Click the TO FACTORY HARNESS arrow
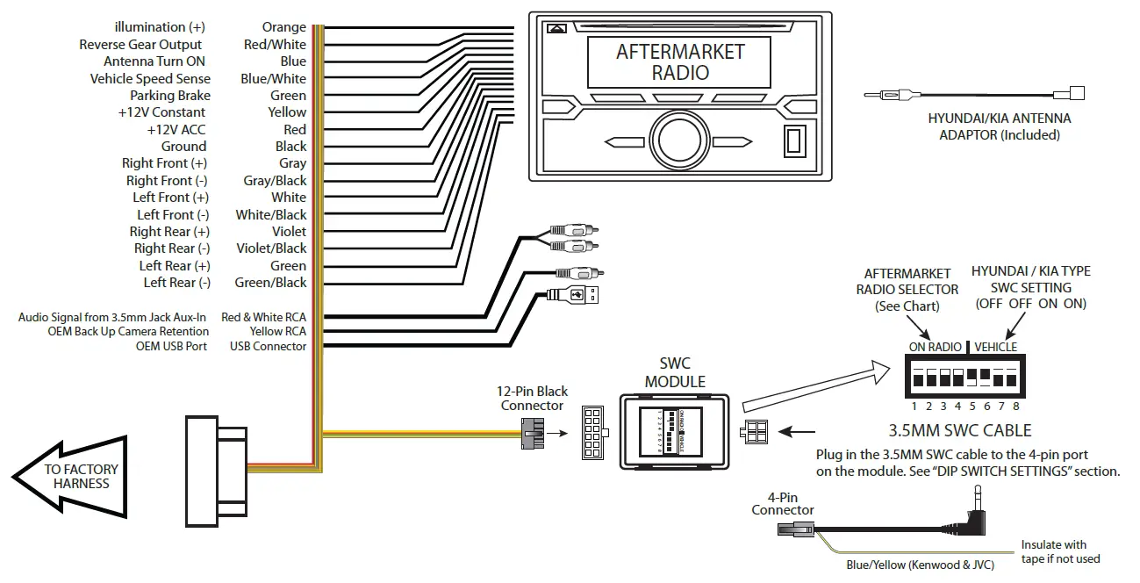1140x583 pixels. [75, 477]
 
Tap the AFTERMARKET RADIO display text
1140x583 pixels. [680, 61]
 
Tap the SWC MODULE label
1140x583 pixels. [675, 372]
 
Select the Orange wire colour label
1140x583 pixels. [283, 27]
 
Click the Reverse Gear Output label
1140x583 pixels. [140, 45]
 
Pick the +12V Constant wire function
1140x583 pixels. [161, 112]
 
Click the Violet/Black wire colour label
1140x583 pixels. [271, 248]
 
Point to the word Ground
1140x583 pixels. [183, 147]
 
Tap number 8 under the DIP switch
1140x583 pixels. [1015, 407]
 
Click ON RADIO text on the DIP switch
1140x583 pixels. [935, 347]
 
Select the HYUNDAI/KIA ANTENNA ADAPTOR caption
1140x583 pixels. [999, 126]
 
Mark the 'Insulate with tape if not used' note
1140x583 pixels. [1060, 551]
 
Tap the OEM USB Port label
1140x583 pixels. [171, 346]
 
